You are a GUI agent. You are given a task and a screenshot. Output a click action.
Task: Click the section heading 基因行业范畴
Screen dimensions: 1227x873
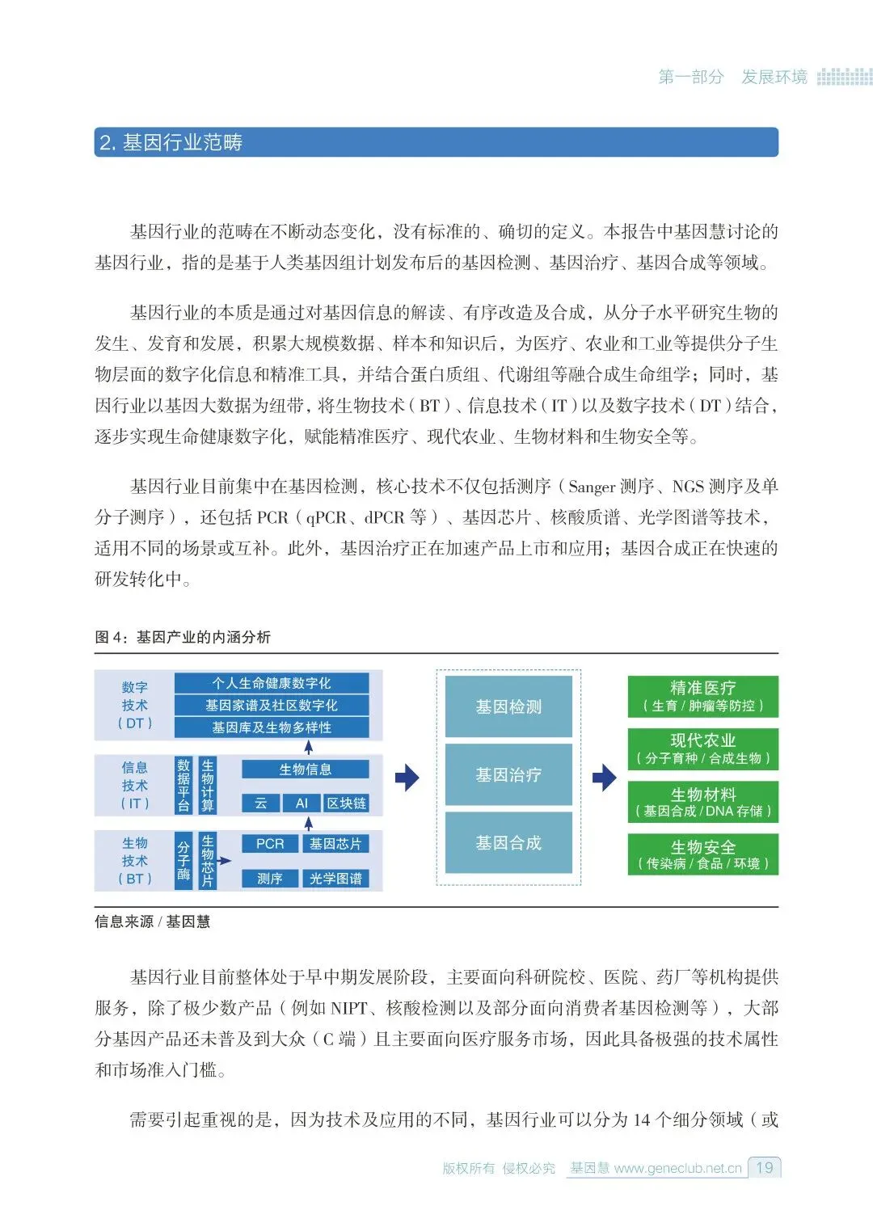pyautogui.click(x=171, y=143)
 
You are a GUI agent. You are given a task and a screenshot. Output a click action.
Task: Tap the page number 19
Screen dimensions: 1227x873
pyautogui.click(x=764, y=1167)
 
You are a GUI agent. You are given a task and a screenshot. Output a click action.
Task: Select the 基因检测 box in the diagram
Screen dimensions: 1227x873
pyautogui.click(x=508, y=707)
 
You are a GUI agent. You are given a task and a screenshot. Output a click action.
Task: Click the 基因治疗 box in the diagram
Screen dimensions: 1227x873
pyautogui.click(x=508, y=775)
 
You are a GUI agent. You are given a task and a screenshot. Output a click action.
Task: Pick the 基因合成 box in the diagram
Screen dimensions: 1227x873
pyautogui.click(x=508, y=843)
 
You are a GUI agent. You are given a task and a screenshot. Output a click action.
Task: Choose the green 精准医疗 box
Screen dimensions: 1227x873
pyautogui.click(x=702, y=697)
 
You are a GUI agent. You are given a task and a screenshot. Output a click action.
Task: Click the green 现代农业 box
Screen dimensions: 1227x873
pyautogui.click(x=702, y=748)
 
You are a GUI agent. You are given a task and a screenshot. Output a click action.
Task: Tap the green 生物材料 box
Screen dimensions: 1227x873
pyautogui.click(x=702, y=802)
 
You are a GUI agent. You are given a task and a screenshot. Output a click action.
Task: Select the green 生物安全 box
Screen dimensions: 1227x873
pyautogui.click(x=702, y=854)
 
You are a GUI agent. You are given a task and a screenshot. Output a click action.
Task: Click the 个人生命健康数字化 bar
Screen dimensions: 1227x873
pyautogui.click(x=272, y=683)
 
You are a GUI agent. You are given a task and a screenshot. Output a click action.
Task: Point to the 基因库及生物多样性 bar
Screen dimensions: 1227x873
pyautogui.click(x=272, y=727)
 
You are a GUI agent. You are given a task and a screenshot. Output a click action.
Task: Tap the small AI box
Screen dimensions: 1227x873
pyautogui.click(x=302, y=803)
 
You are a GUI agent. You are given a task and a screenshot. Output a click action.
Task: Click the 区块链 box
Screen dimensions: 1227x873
pyautogui.click(x=346, y=803)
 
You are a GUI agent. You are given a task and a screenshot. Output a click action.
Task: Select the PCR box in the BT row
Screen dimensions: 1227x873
pyautogui.click(x=270, y=844)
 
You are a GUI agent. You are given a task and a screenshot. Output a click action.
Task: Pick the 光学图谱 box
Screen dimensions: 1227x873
pyautogui.click(x=335, y=879)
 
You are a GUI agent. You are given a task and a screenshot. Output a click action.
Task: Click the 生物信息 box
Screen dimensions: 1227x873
pyautogui.click(x=305, y=770)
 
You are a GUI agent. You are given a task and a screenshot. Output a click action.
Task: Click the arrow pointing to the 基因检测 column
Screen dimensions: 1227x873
pyautogui.click(x=407, y=778)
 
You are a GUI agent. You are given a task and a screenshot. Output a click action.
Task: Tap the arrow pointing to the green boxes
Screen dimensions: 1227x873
pyautogui.click(x=604, y=778)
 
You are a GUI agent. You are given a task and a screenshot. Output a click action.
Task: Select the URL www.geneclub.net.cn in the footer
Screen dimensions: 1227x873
pyautogui.click(x=677, y=1168)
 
